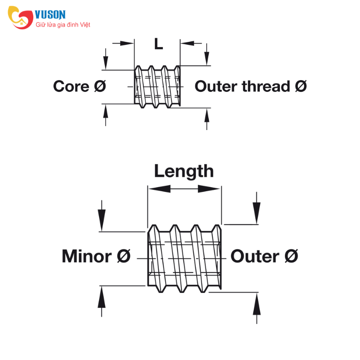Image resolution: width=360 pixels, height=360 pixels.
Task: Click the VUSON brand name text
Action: pos(50,15)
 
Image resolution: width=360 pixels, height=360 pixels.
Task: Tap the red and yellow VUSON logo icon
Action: pos(20,18)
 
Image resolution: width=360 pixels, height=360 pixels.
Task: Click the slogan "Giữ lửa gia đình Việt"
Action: pos(63,25)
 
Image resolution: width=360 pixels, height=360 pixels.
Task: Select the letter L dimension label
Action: pos(158,44)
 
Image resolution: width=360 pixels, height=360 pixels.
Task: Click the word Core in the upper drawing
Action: pos(71,86)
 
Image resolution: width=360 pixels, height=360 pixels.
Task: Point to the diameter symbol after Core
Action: pos(100,86)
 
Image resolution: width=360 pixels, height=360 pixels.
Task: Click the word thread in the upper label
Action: pos(266,86)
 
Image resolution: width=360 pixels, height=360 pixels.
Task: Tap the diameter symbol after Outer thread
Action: pos(301,86)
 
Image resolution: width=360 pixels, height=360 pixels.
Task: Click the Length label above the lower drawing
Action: pos(184,172)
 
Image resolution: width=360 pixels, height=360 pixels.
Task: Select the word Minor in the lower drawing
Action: pos(87,256)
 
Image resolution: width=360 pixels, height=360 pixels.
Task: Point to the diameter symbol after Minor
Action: pos(124,256)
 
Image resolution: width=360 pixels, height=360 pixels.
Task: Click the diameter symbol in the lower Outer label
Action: pos(291,256)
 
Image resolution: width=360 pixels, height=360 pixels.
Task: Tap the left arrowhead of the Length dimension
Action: pos(160,189)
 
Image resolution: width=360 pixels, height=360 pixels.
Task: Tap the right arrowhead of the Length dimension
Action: pos(209,189)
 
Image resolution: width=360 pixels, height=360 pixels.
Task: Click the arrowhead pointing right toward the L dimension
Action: pos(127,43)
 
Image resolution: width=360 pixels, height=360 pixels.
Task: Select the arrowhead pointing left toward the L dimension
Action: pos(188,43)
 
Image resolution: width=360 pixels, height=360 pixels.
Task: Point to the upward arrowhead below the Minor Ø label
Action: pos(102,297)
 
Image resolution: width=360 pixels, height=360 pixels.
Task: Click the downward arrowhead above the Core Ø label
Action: pos(106,63)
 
